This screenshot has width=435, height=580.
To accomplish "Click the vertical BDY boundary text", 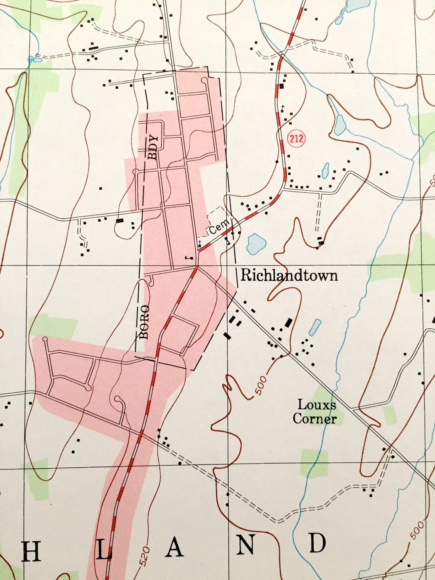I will [x=153, y=147].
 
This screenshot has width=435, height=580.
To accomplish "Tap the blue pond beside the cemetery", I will [x=256, y=243].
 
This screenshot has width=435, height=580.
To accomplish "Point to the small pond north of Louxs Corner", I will [x=315, y=327].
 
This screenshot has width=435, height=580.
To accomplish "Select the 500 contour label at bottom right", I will [x=417, y=530].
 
